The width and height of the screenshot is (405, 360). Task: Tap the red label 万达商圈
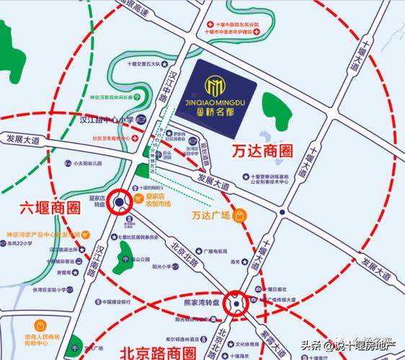point(264,152)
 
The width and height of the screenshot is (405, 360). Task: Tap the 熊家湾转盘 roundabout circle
point(235,303)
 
